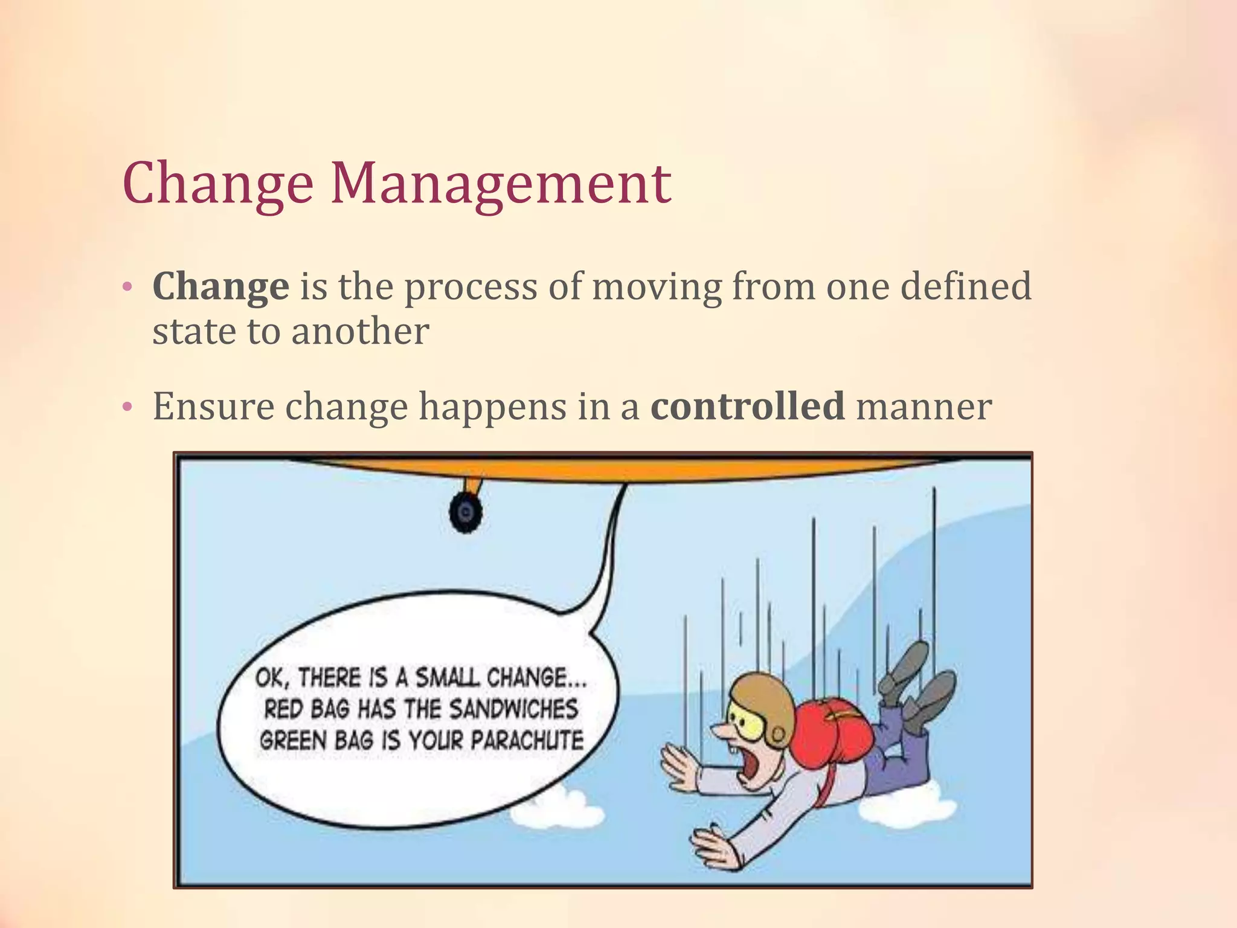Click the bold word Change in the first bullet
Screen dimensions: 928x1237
(220, 286)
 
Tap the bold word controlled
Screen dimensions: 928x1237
(747, 405)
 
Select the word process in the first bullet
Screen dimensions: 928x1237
(471, 287)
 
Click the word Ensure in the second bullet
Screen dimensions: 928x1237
(213, 405)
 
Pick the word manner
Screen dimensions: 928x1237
(924, 407)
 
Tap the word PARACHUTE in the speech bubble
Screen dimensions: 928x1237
(527, 740)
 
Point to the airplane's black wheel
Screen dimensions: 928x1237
(465, 512)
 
